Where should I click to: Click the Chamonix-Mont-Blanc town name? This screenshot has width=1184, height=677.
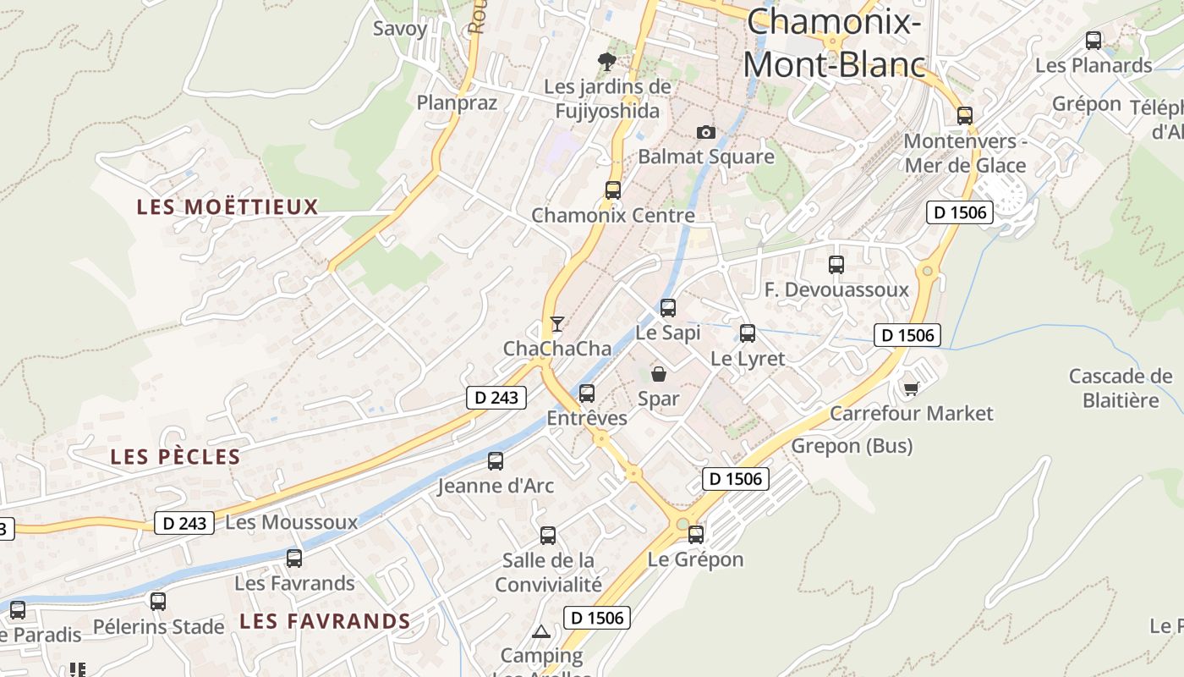pyautogui.click(x=833, y=42)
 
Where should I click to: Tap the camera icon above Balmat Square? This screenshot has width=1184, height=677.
pyautogui.click(x=705, y=132)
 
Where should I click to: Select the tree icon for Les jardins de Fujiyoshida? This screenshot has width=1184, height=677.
pyautogui.click(x=606, y=61)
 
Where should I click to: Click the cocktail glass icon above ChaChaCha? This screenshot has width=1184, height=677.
pyautogui.click(x=556, y=324)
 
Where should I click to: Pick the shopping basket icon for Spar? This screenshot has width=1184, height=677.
pyautogui.click(x=659, y=374)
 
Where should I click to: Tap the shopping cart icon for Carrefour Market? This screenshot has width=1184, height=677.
pyautogui.click(x=911, y=388)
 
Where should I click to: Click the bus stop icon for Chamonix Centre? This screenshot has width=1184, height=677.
pyautogui.click(x=613, y=190)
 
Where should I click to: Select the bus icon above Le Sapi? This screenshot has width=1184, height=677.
pyautogui.click(x=668, y=308)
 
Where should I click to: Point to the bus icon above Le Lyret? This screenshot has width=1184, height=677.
pyautogui.click(x=748, y=333)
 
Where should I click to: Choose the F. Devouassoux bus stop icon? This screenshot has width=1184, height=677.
pyautogui.click(x=836, y=265)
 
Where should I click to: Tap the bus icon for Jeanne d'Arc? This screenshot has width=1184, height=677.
pyautogui.click(x=496, y=461)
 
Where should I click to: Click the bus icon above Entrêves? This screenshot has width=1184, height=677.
pyautogui.click(x=587, y=394)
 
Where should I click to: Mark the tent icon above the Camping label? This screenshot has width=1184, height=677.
pyautogui.click(x=540, y=631)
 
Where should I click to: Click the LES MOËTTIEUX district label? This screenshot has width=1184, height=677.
pyautogui.click(x=227, y=207)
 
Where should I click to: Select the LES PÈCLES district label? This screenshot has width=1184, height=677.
pyautogui.click(x=176, y=457)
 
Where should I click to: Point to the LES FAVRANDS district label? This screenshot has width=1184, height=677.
pyautogui.click(x=325, y=621)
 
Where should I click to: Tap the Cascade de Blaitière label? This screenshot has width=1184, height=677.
pyautogui.click(x=1121, y=388)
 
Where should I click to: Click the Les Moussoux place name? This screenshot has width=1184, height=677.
pyautogui.click(x=292, y=522)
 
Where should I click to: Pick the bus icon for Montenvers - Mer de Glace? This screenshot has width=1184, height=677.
pyautogui.click(x=965, y=116)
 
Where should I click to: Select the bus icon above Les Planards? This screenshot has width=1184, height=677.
pyautogui.click(x=1094, y=40)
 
